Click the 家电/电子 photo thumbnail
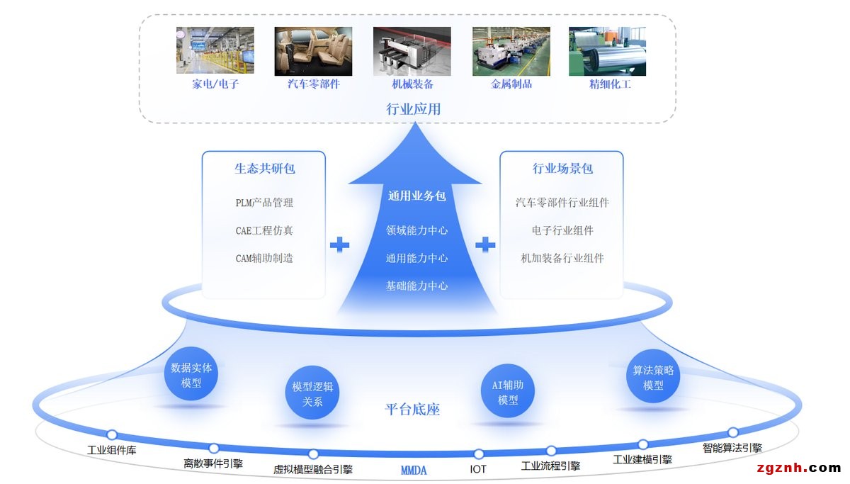(215, 50)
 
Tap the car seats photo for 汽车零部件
(313, 50)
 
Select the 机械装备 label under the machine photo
(412, 84)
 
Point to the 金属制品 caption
(511, 84)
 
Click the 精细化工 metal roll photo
(608, 50)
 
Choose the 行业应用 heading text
(413, 108)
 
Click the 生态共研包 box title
(264, 169)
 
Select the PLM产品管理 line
(264, 203)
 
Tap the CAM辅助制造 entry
(264, 258)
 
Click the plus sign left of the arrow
(340, 245)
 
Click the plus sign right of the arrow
(485, 245)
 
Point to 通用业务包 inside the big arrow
(416, 196)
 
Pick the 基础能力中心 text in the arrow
(416, 286)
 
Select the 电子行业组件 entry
(562, 230)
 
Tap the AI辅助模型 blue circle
(508, 393)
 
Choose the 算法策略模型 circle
(653, 378)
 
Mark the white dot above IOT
(479, 454)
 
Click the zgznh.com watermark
(798, 468)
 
